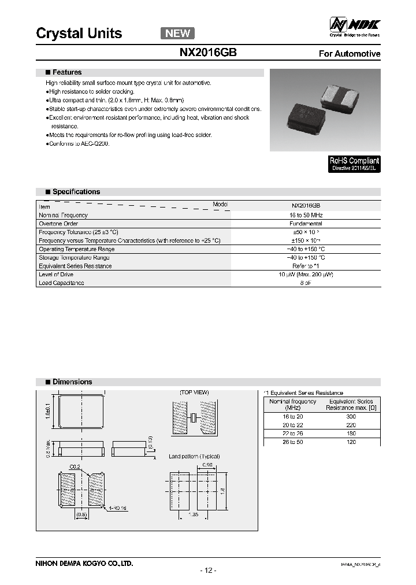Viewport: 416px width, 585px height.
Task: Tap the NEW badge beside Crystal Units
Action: tap(177, 33)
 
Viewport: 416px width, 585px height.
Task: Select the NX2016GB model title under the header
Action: tap(207, 52)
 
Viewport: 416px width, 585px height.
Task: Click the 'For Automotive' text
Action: tap(350, 54)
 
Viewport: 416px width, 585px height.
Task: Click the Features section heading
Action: tap(66, 72)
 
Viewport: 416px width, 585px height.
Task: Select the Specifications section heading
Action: tap(76, 191)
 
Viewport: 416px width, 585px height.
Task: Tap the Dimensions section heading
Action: tap(72, 382)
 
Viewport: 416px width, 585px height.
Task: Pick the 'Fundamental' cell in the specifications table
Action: tap(306, 223)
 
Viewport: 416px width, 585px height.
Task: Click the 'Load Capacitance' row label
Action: tap(61, 283)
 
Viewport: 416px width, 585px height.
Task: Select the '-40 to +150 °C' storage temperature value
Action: tap(306, 257)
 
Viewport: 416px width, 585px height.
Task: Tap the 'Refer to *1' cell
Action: tap(306, 266)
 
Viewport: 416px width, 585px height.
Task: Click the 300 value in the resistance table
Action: tap(351, 416)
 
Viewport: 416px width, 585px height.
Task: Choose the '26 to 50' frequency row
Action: tap(292, 442)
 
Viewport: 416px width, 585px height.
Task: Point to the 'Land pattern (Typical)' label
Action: tap(194, 456)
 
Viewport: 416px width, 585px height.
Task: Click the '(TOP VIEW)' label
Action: tap(194, 393)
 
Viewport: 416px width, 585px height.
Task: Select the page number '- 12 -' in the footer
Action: tap(208, 571)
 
